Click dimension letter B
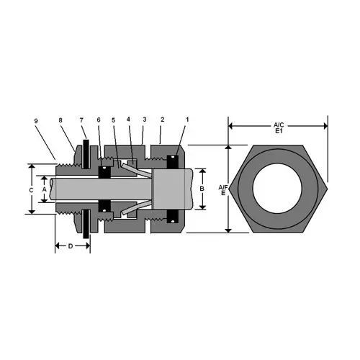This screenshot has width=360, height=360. [x=204, y=188]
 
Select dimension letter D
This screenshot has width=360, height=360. [x=71, y=246]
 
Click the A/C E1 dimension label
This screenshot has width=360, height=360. [x=279, y=129]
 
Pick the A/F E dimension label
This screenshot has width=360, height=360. [x=222, y=189]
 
